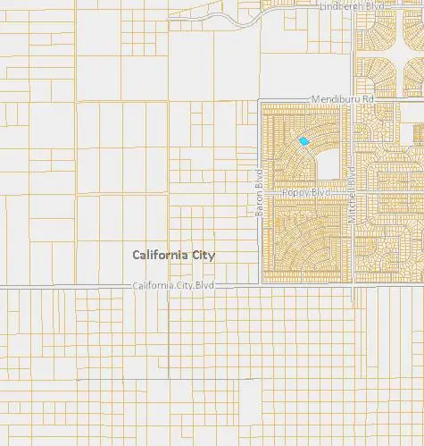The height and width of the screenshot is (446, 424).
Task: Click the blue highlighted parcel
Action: tap(304, 140)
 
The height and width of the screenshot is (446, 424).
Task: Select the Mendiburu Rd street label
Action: tap(340, 97)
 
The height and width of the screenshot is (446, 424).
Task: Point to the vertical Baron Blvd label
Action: tap(260, 193)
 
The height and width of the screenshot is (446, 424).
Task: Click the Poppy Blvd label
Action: tap(306, 192)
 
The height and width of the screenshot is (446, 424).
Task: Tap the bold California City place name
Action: tap(174, 255)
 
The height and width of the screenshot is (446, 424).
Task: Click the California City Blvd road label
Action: tap(174, 285)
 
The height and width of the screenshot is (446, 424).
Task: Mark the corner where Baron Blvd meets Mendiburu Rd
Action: tap(260, 100)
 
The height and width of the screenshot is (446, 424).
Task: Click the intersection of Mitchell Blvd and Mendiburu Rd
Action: tap(354, 100)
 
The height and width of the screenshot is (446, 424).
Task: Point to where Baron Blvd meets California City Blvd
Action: tap(260, 285)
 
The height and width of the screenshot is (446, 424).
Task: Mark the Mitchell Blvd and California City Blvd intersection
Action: tap(354, 285)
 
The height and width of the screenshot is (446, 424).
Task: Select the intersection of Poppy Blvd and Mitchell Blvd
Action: tap(354, 192)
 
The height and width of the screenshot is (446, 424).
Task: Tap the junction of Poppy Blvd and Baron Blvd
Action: tap(260, 192)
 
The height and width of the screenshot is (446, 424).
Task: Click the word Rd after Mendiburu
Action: tap(364, 97)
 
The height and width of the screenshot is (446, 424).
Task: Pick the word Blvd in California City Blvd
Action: tap(205, 285)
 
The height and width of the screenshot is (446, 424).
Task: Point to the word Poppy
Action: tap(295, 192)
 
